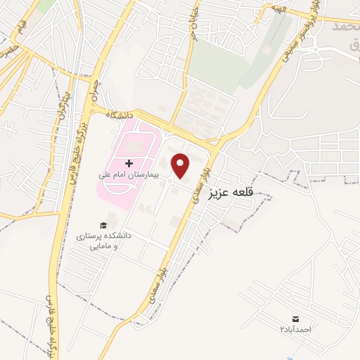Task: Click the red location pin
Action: click(x=181, y=166)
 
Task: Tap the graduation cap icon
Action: click(x=103, y=225)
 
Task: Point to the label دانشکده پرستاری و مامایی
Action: click(x=103, y=241)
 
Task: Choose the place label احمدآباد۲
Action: click(x=294, y=330)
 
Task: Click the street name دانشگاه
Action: click(x=120, y=113)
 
